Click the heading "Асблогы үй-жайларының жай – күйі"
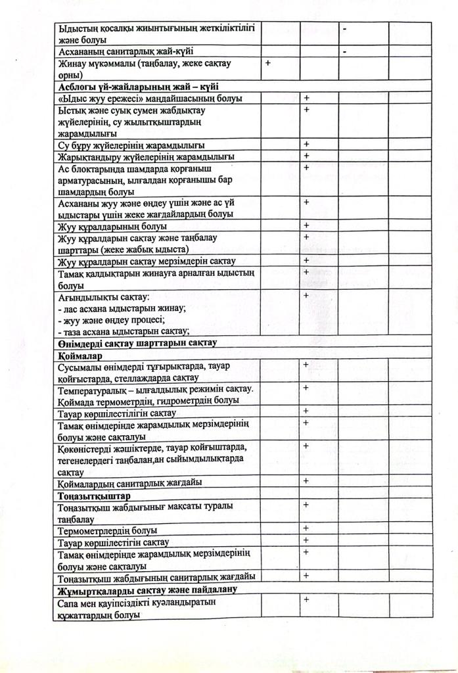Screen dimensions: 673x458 [x=138, y=86]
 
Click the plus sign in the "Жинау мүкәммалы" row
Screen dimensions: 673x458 [x=268, y=63]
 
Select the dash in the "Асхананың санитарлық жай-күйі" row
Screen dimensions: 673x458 [x=344, y=51]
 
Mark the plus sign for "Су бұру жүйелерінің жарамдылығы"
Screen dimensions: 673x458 [x=306, y=144]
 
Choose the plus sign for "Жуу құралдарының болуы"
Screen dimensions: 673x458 [x=306, y=225]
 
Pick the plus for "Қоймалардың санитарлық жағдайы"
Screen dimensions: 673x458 [x=306, y=481]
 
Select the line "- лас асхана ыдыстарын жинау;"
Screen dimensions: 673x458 [x=122, y=308]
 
